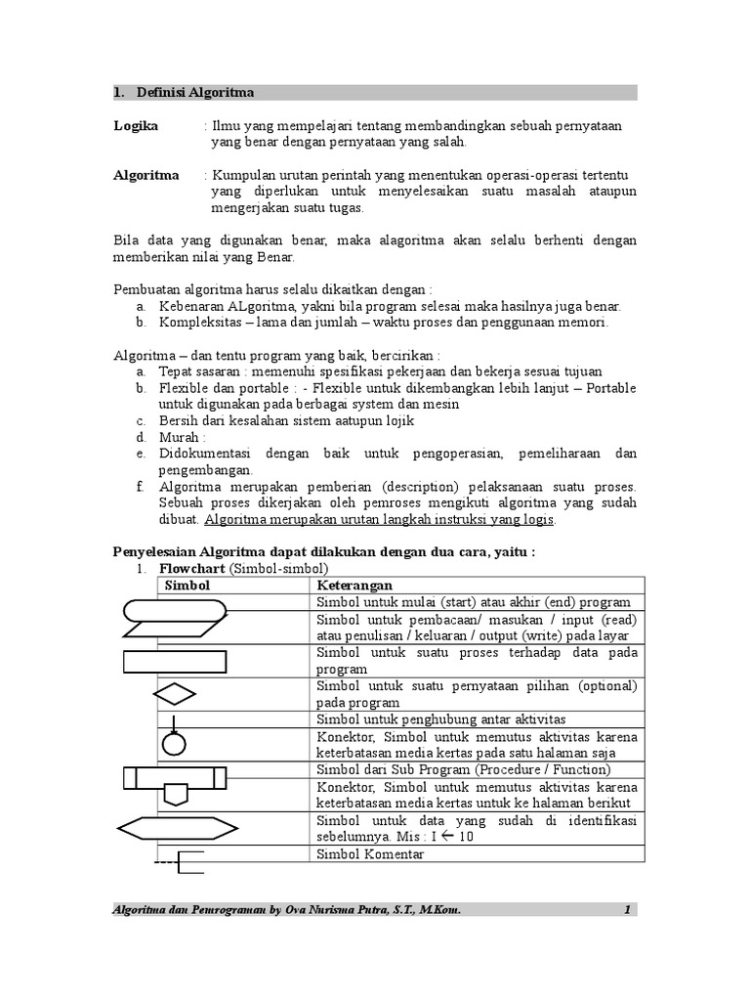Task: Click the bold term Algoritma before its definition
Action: coord(146,175)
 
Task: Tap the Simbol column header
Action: coord(187,585)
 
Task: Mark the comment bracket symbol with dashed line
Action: coord(182,861)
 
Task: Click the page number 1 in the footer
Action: coord(628,910)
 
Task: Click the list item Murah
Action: coord(182,437)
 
